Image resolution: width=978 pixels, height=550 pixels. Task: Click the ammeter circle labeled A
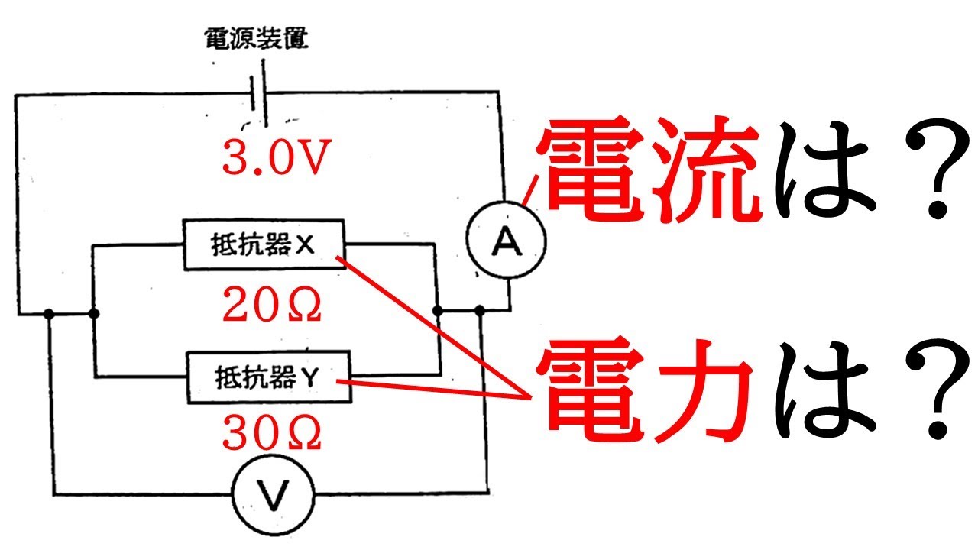506,242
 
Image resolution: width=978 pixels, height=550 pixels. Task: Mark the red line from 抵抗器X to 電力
436,328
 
